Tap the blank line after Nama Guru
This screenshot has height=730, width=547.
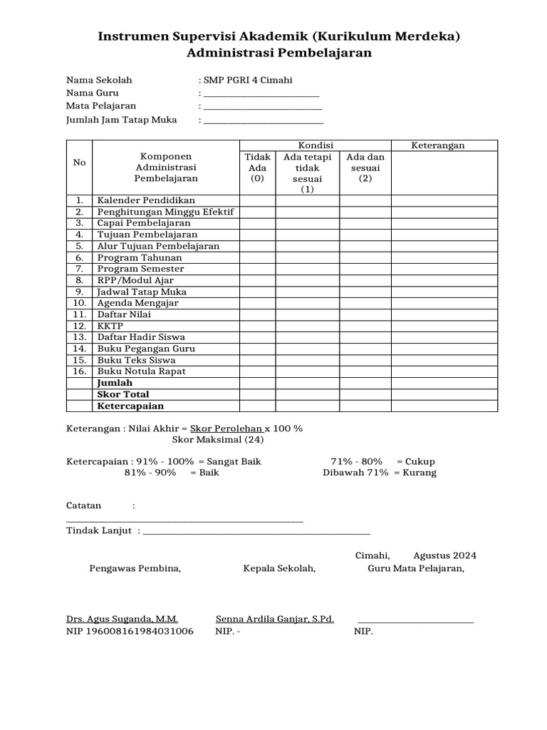[261, 94]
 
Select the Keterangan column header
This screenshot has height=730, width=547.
[438, 145]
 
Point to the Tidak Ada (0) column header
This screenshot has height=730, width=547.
[257, 168]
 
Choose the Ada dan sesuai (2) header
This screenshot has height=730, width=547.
[365, 168]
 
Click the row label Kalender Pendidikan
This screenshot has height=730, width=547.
[146, 200]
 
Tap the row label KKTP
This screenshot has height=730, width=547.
[110, 326]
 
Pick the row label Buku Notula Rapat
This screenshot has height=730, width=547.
[142, 371]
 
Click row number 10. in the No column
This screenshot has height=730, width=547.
[79, 303]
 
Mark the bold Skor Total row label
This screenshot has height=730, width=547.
[123, 394]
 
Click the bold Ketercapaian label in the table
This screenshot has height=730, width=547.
[130, 406]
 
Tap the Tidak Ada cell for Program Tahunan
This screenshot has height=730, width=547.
[257, 257]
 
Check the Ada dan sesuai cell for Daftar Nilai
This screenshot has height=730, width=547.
[365, 314]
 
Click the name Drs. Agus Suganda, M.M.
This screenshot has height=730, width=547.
[122, 620]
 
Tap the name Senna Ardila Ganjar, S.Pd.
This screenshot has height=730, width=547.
[275, 620]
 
